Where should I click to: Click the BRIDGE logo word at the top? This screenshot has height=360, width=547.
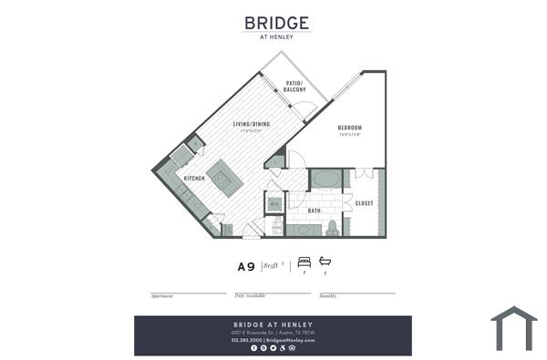[277, 22]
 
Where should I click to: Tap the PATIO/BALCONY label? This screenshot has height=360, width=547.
[294, 87]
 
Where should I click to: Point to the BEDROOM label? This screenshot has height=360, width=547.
[350, 128]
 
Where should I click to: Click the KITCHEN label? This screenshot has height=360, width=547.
[193, 178]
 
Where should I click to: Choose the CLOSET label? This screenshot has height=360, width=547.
[364, 202]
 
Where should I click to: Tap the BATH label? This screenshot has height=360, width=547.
[314, 211]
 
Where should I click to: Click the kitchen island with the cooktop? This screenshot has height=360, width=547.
[223, 176]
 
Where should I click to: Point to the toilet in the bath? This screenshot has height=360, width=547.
[333, 225]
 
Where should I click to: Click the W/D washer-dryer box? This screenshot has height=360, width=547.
[274, 204]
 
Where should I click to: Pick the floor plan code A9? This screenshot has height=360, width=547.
[245, 267]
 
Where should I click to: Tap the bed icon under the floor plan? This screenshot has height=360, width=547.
[304, 262]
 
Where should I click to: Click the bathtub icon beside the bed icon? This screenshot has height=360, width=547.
[325, 262]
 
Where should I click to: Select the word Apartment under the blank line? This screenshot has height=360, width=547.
[161, 296]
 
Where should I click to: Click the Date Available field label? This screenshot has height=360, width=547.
[249, 296]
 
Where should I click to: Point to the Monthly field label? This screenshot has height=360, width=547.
[327, 296]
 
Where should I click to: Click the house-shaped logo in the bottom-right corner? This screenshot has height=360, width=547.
[514, 329]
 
